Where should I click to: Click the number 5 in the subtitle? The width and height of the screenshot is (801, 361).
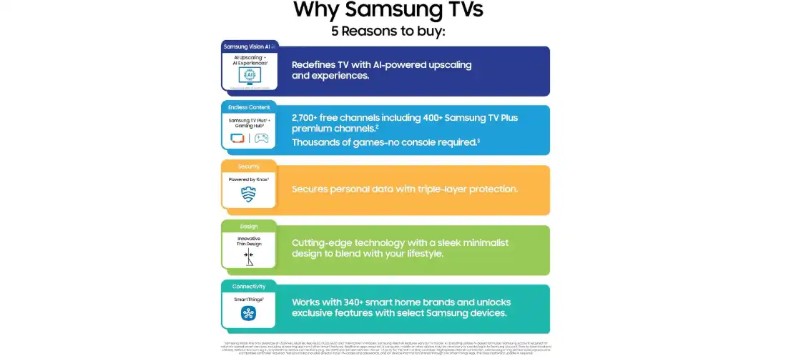coord(335,31)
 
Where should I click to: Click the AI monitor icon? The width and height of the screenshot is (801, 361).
coord(250,76)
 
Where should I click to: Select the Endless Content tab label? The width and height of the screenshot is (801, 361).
coord(249,107)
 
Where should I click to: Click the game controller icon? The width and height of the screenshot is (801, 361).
coord(262,138)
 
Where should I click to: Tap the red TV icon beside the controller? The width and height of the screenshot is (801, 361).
coord(237,138)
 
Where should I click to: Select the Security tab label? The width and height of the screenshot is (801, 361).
coord(249,167)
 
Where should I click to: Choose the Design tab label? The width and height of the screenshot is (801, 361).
coord(249,227)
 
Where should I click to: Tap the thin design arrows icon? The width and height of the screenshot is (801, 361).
coord(249,255)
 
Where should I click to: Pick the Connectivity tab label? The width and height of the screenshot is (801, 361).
coord(249,287)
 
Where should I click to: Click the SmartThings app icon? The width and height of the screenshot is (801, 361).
coord(249,313)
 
